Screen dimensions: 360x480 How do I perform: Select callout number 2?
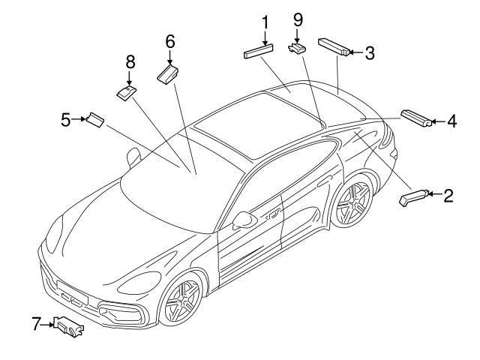pos(448,196)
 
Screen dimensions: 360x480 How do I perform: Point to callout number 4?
pos(451,120)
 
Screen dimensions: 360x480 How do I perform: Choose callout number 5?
pos(66,118)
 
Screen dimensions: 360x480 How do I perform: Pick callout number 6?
pos(169,41)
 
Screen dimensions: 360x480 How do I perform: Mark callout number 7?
pos(35,324)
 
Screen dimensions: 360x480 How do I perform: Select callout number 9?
pos(298,17)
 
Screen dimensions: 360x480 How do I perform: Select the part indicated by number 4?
pos(416,118)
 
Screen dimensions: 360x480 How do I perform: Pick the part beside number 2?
pos(414,197)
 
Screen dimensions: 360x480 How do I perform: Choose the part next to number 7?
pos(69,325)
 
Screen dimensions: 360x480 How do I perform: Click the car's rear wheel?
pos(352,202)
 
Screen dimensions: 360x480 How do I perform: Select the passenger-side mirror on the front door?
pos(243,220)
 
